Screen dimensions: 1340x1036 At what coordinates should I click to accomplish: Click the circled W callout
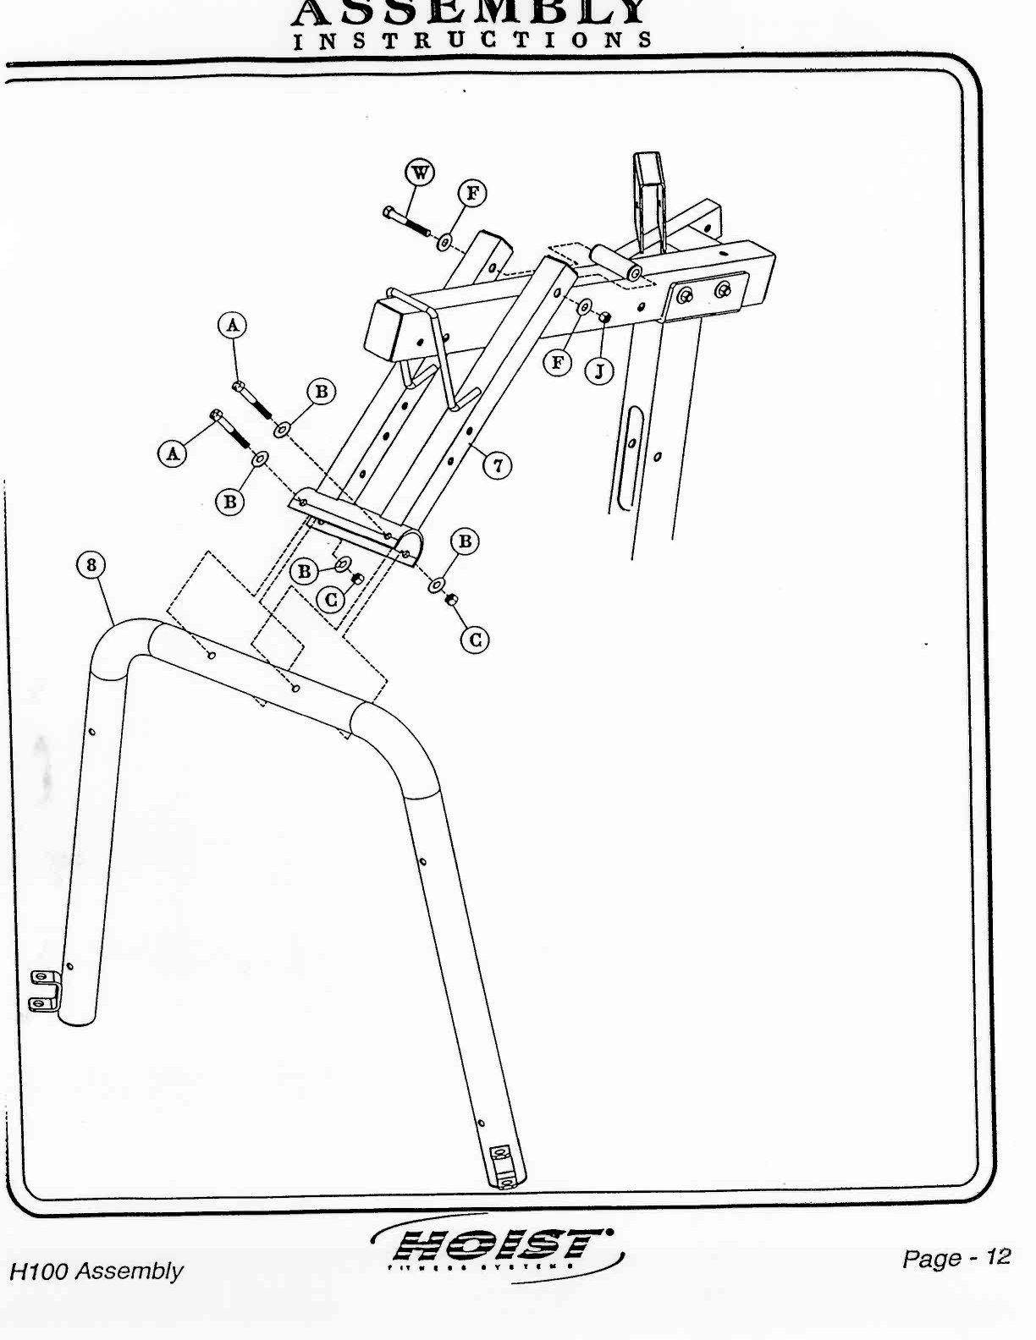click(x=420, y=173)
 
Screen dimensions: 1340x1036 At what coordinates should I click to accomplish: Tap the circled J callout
click(x=599, y=371)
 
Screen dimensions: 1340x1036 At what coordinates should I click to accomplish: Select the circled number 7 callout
click(x=498, y=464)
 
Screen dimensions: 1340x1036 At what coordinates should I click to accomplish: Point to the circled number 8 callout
click(x=91, y=565)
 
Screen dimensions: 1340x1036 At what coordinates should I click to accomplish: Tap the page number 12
click(x=999, y=1257)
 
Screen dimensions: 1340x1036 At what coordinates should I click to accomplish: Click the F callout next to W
click(x=472, y=194)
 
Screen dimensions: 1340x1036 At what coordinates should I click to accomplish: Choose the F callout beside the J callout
click(x=557, y=364)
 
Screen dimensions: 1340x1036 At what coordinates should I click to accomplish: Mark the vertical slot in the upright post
click(x=630, y=458)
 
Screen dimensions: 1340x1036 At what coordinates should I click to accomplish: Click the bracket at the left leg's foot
click(x=44, y=991)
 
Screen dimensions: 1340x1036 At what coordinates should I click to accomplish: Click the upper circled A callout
click(x=233, y=325)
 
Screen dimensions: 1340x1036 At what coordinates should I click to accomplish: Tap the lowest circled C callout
click(x=475, y=640)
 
